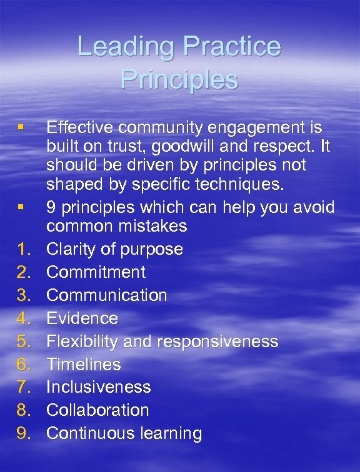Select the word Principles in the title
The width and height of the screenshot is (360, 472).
179,79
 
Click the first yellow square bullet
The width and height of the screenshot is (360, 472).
21,128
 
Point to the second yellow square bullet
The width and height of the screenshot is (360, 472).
21,207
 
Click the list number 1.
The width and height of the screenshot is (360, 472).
24,249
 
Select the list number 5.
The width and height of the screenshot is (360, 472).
24,342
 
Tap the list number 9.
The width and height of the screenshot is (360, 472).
24,433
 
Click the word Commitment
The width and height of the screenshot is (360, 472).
96,272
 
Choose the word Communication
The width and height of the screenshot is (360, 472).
107,295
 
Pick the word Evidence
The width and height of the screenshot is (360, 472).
82,318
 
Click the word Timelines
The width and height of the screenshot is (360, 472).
84,364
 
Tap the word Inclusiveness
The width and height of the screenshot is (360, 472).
99,387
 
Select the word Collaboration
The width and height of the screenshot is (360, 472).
97,410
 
